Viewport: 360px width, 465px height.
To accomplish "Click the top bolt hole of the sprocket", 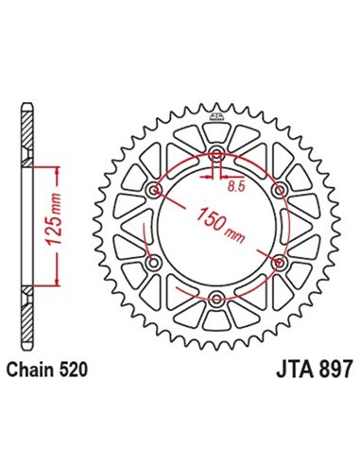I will tap(217, 156).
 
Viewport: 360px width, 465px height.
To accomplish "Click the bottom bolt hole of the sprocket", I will tap(217, 300).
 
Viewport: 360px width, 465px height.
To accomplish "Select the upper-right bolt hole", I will tap(280, 192).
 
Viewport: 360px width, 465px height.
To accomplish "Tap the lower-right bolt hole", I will tap(280, 264).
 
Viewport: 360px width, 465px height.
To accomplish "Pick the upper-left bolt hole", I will tap(155, 192).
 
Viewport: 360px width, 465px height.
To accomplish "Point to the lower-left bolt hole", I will tap(155, 264).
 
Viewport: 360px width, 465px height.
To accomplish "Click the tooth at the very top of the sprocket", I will tap(217, 105).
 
